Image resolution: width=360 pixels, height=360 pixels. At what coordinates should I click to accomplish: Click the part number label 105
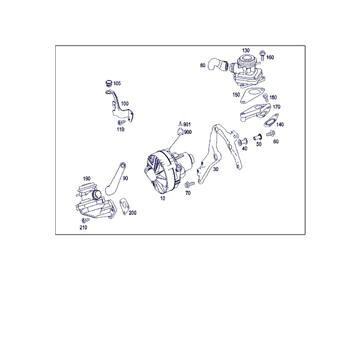pos(117,83)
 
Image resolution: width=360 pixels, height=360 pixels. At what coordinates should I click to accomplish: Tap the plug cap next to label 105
pos(109,83)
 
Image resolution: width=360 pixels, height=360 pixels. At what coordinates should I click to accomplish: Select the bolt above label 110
pos(121,122)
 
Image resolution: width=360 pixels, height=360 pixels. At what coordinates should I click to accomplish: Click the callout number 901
pos(187,124)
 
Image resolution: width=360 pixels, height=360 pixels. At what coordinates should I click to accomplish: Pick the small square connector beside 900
pos(180,132)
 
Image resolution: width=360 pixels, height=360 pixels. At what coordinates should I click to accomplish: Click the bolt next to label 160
pos(262,55)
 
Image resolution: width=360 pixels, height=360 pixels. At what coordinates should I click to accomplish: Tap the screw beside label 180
pos(266,98)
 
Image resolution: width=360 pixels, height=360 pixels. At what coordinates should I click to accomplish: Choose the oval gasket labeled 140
pos(271,120)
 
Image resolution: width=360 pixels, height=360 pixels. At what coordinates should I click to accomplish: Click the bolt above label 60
pos(271,133)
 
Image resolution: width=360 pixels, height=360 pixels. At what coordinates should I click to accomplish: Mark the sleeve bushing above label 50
pos(257,137)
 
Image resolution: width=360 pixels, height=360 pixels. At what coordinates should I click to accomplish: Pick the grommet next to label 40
pos(242,142)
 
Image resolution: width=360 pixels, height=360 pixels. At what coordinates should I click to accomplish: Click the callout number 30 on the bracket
pos(215,169)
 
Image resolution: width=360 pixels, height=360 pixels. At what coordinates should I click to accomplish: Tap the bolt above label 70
pos(189,184)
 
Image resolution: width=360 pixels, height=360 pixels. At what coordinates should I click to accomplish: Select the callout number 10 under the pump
pos(163,198)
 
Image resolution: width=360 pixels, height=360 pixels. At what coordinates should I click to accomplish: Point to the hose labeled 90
pos(115,179)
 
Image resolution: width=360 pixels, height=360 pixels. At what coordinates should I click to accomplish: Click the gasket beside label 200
pos(124,206)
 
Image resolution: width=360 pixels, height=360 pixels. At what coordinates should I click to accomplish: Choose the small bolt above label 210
pos(85,220)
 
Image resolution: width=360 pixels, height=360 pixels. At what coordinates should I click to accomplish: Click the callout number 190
pos(86,178)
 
